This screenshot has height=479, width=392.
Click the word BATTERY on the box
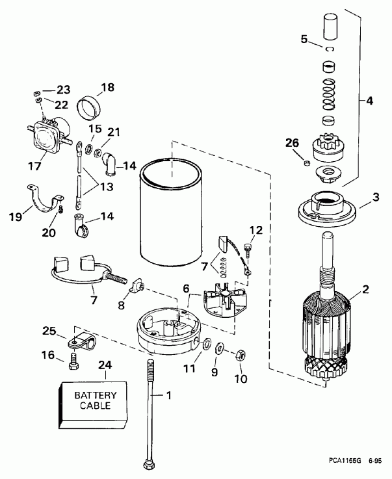click(x=91, y=395)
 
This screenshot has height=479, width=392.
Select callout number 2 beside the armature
click(x=365, y=289)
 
